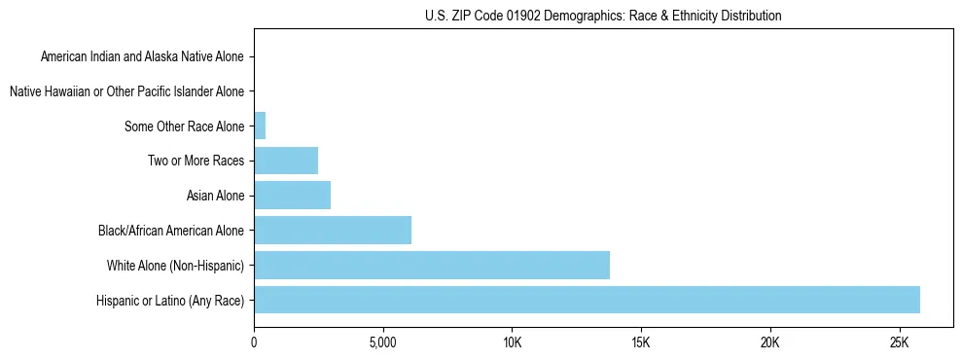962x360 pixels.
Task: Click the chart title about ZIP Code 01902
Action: pos(603,16)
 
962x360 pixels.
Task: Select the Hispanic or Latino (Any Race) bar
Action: pos(587,300)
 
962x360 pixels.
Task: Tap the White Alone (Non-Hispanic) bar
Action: pos(432,265)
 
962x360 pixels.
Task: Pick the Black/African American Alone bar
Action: pos(333,230)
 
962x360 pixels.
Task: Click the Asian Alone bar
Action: pos(292,196)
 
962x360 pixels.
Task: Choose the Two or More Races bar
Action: pos(286,161)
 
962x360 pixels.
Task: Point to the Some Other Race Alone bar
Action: pos(260,126)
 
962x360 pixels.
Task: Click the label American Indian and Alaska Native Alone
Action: pos(142,56)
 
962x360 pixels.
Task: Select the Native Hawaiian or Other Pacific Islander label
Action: pos(126,91)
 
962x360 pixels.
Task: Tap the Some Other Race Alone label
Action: pos(185,126)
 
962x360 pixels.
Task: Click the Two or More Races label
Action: pos(196,161)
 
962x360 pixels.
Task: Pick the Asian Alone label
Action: pos(215,196)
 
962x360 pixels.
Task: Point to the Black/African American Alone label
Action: pos(171,231)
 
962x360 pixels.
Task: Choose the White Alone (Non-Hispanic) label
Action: pos(175,265)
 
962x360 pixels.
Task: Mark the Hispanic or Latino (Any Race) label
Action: pos(170,300)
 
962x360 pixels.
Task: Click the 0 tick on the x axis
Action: pos(254,342)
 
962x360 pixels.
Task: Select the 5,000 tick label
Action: pos(383,342)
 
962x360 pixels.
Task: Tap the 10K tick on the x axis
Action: pos(513,342)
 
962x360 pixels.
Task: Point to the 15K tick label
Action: pos(641,342)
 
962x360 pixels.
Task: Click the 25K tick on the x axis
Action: pos(899,342)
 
